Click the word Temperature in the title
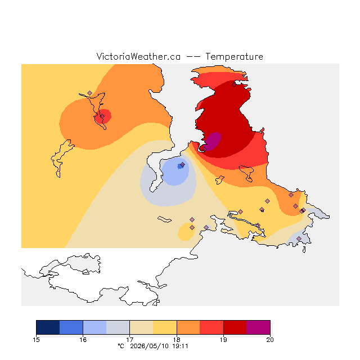234,57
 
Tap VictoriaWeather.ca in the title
138,56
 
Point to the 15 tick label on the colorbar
36,340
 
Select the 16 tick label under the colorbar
83,340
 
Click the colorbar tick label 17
130,340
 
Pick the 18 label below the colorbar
177,340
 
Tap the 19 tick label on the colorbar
223,340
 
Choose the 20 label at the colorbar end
270,340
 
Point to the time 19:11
180,346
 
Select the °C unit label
121,346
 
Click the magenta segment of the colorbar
258,327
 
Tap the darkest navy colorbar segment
48,327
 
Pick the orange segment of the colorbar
188,327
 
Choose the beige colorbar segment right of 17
141,327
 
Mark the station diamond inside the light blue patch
182,165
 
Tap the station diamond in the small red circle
102,116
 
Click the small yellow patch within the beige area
186,232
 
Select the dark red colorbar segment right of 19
235,327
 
